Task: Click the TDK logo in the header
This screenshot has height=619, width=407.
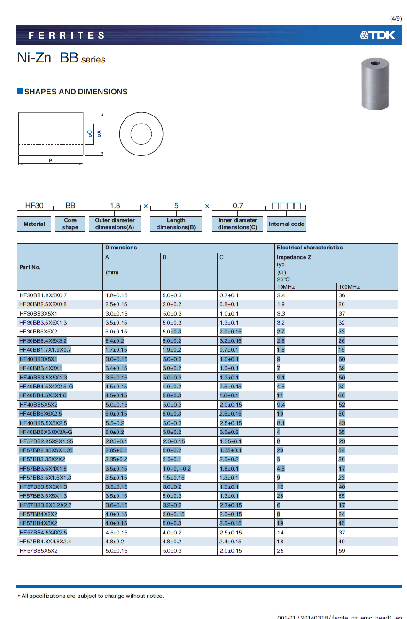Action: click(377, 35)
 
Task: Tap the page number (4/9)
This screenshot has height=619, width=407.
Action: click(396, 19)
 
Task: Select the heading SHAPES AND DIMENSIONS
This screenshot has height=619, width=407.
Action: click(76, 92)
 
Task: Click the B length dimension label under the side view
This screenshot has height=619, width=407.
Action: click(51, 161)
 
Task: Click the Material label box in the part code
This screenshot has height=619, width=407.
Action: click(34, 224)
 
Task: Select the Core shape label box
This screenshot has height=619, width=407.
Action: click(70, 224)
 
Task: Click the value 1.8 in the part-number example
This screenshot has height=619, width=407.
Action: click(115, 205)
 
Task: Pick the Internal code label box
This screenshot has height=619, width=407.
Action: click(286, 224)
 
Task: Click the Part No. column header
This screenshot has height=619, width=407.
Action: click(30, 267)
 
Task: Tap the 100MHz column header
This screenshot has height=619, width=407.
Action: click(349, 286)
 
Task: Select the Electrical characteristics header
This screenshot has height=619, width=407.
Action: click(310, 248)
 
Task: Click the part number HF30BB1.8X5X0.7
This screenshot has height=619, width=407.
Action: click(43, 295)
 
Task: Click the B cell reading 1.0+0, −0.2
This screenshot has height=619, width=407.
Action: click(177, 469)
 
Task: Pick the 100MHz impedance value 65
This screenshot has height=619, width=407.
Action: click(342, 496)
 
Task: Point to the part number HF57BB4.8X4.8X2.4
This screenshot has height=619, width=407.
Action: click(46, 542)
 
